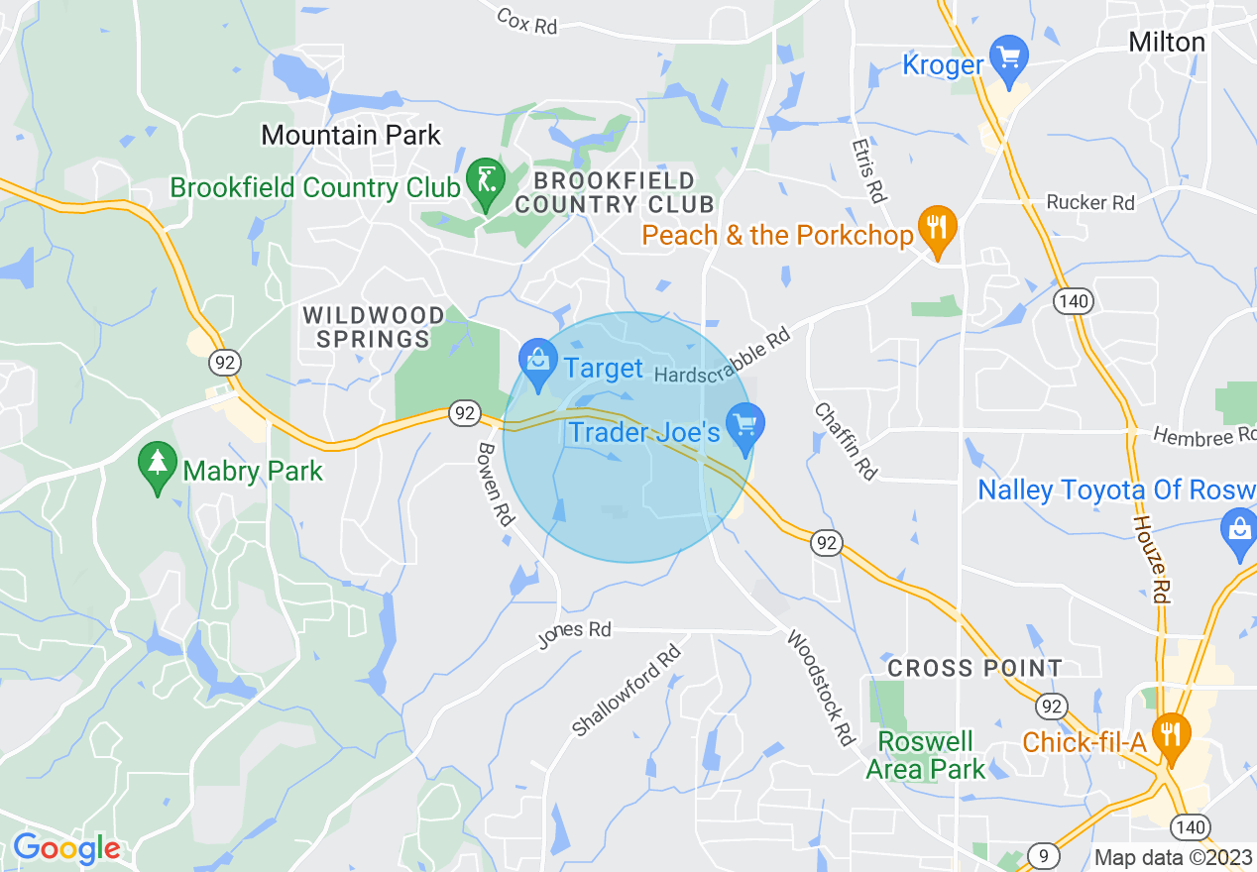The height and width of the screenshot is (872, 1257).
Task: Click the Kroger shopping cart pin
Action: (1010, 55)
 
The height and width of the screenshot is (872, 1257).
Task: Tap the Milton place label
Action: (1167, 42)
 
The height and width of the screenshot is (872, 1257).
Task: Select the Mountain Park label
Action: (351, 135)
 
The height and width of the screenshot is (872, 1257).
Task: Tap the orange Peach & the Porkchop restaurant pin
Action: (936, 227)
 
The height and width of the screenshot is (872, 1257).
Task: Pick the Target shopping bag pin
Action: (538, 362)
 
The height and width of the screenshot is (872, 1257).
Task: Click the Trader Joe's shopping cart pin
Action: (744, 426)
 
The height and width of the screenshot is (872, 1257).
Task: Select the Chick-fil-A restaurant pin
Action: (1172, 734)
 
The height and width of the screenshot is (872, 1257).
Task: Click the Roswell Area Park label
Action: (925, 756)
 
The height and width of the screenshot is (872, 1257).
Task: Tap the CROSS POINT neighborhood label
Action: (974, 668)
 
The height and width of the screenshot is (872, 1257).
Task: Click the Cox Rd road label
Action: (526, 21)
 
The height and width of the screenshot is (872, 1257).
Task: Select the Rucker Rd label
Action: (1090, 202)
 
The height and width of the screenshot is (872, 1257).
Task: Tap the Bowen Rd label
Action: (494, 484)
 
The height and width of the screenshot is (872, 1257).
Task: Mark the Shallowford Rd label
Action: (628, 691)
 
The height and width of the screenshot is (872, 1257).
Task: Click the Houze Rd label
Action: (1150, 560)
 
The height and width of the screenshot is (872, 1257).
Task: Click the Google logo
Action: (65, 849)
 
